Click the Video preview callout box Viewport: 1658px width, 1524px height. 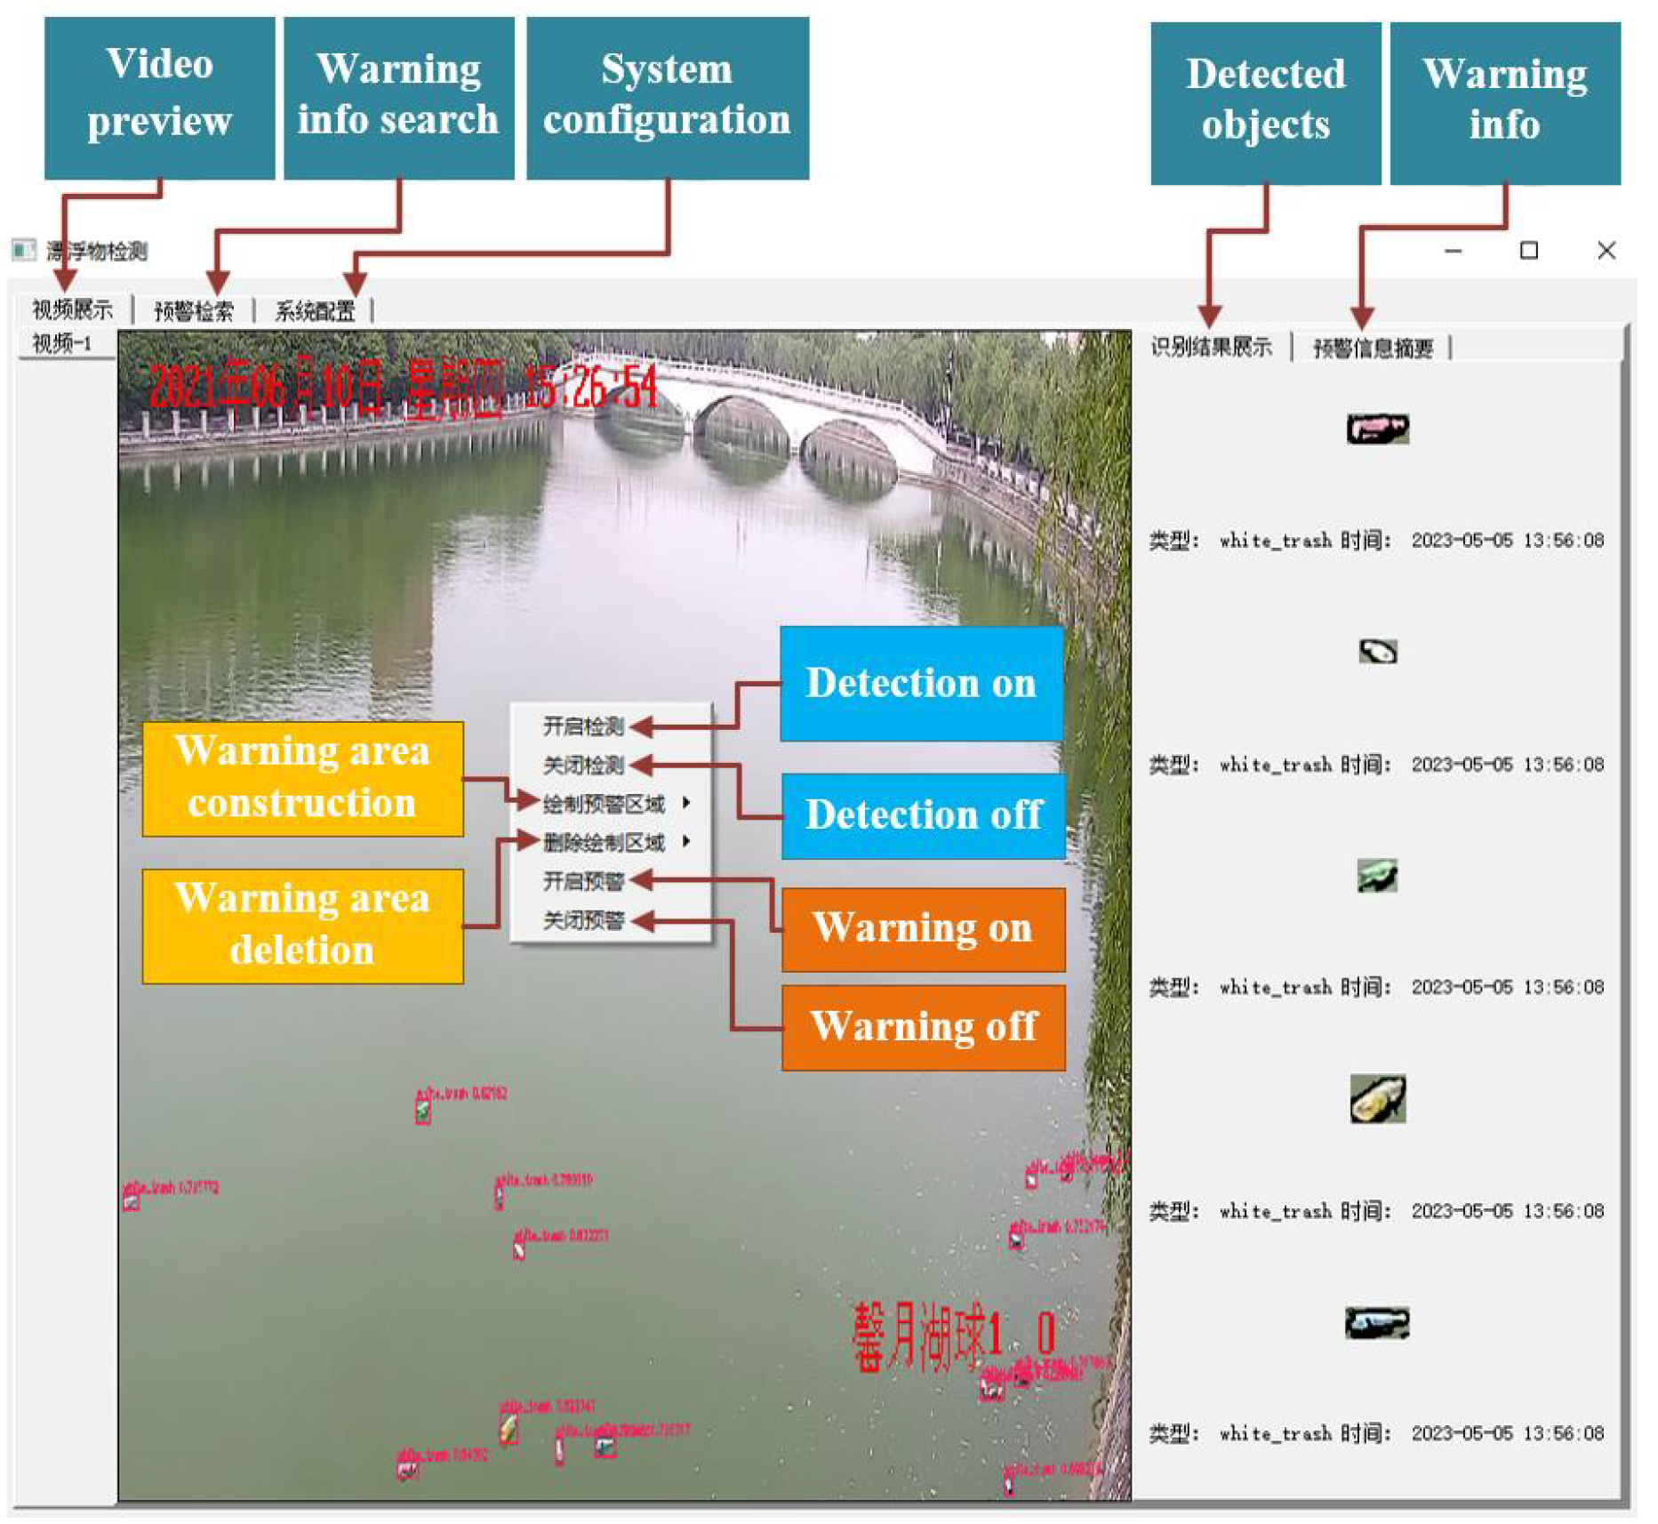159,97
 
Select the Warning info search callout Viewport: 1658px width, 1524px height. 398,97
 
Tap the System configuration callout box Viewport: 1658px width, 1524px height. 667,97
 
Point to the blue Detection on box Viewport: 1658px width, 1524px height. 921,683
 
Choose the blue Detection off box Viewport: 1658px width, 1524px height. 923,814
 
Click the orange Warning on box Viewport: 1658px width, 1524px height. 923,928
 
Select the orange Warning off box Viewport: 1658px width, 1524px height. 923,1026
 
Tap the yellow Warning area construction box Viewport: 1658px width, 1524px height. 302,778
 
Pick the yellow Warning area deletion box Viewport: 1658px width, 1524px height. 302,925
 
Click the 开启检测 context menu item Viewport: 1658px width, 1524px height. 583,726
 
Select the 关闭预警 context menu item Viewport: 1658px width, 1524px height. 583,920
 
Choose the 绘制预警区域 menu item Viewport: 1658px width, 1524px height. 605,804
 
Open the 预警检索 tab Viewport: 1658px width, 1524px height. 193,310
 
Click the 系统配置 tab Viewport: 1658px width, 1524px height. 315,310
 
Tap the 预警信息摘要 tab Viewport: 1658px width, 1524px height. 1373,348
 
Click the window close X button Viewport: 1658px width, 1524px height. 1606,251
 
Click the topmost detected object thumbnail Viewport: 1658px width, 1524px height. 1376,429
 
